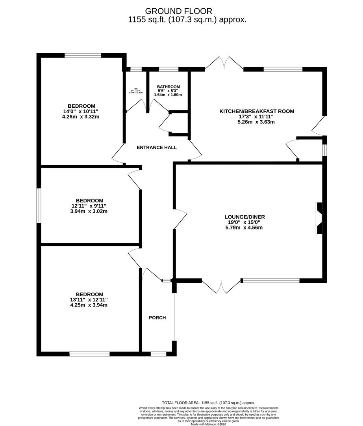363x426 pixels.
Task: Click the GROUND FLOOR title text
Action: [x=178, y=11]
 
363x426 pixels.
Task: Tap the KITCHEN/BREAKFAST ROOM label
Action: [x=257, y=111]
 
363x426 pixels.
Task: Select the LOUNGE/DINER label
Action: [x=244, y=217]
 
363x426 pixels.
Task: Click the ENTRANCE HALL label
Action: [x=156, y=148]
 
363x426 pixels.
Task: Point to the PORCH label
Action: [x=157, y=318]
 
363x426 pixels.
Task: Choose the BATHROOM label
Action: [x=168, y=87]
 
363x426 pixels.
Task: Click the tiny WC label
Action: [x=136, y=89]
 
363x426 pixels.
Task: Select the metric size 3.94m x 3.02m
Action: [x=89, y=211]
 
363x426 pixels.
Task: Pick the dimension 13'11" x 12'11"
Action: [x=89, y=299]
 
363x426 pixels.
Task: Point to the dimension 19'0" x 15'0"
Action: [x=244, y=222]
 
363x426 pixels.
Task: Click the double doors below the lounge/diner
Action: [x=221, y=287]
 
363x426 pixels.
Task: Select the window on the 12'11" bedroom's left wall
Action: [x=39, y=206]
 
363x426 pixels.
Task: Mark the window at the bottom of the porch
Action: [x=158, y=354]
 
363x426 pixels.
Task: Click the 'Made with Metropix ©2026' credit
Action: [x=209, y=424]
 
